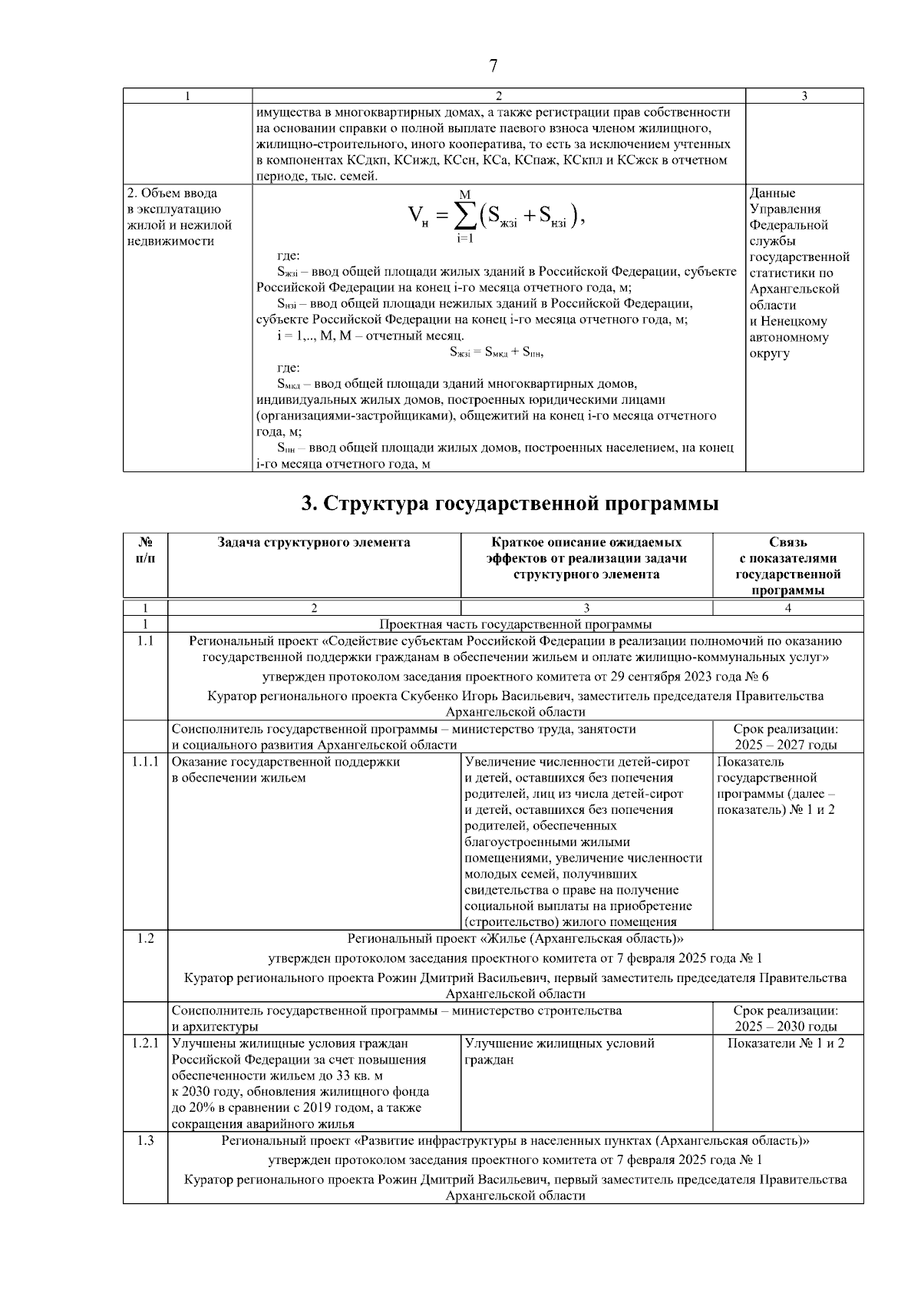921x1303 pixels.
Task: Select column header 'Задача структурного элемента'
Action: [x=314, y=543]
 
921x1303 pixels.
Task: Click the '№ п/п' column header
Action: [x=145, y=551]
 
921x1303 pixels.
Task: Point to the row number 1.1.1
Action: [x=145, y=762]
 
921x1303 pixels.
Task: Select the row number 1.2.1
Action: [x=145, y=1044]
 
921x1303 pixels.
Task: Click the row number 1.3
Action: [x=145, y=1141]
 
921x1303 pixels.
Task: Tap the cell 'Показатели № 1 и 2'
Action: [x=786, y=1044]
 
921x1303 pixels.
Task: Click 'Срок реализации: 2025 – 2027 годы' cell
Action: [x=786, y=737]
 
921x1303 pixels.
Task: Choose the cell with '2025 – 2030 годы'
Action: [x=786, y=1027]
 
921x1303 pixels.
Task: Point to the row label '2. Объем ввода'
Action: [x=172, y=193]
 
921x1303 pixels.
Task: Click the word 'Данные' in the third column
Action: [x=772, y=193]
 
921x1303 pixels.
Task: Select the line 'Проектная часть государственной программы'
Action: [x=515, y=624]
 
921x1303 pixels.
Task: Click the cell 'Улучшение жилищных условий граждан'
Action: [x=559, y=1052]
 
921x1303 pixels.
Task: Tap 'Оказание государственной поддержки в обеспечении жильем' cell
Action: [x=286, y=770]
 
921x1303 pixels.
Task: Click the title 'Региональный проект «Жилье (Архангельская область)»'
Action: [x=515, y=938]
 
